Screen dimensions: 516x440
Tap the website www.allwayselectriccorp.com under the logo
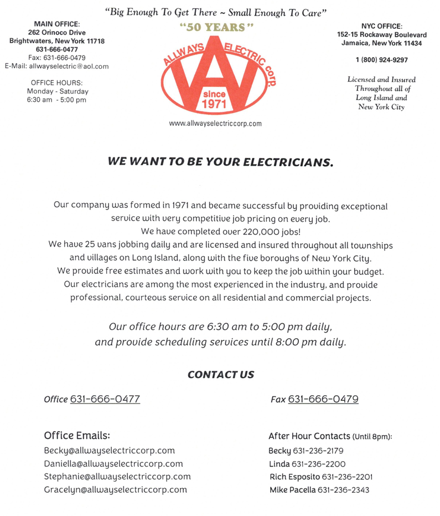pyautogui.click(x=215, y=124)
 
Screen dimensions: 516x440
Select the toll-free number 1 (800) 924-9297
pyautogui.click(x=381, y=60)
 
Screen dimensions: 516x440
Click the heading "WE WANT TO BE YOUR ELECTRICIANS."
pyautogui.click(x=220, y=162)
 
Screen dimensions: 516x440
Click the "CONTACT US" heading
pyautogui.click(x=220, y=375)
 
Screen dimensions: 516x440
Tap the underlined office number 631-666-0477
pyautogui.click(x=105, y=399)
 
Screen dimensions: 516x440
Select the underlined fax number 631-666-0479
pyautogui.click(x=323, y=399)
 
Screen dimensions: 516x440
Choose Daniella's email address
pyautogui.click(x=113, y=464)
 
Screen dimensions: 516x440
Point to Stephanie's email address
pyautogui.click(x=117, y=477)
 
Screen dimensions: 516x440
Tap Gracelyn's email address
pyautogui.click(x=115, y=490)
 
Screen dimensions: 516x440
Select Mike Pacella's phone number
pyautogui.click(x=343, y=490)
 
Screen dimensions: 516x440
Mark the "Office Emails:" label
pyautogui.click(x=81, y=435)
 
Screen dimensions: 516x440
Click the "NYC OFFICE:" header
pyautogui.click(x=381, y=26)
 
